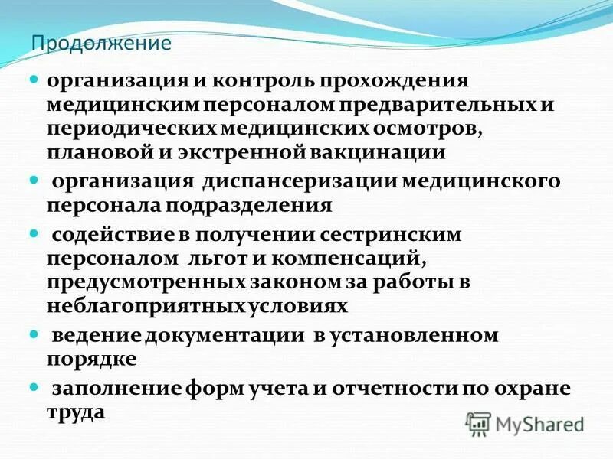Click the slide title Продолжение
[100, 43]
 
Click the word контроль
[257, 80]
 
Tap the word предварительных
[459, 104]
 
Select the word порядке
[93, 360]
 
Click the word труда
[76, 412]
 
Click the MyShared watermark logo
[526, 423]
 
